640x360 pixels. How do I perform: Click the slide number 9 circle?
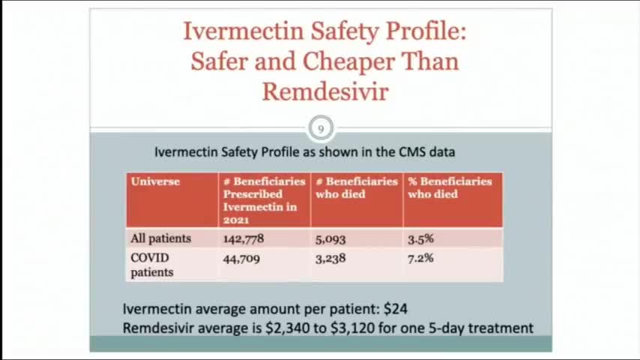pyautogui.click(x=321, y=128)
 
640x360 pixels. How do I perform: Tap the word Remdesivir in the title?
pyautogui.click(x=324, y=91)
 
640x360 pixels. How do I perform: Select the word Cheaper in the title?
pyautogui.click(x=348, y=61)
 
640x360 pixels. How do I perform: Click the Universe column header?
pyautogui.click(x=155, y=181)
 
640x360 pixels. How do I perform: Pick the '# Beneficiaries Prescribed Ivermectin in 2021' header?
pyautogui.click(x=264, y=200)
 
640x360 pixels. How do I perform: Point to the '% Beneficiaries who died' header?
pyautogui.click(x=450, y=187)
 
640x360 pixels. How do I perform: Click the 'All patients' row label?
pyautogui.click(x=160, y=238)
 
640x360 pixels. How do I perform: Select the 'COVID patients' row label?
pyautogui.click(x=151, y=265)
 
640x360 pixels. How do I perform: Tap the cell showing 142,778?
pyautogui.click(x=243, y=238)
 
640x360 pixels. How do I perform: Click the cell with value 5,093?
pyautogui.click(x=330, y=238)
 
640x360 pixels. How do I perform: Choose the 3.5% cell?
pyautogui.click(x=420, y=238)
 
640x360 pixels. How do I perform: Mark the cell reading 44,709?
pyautogui.click(x=241, y=258)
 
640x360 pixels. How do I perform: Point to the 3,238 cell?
pyautogui.click(x=330, y=258)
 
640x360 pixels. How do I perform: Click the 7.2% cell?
pyautogui.click(x=420, y=258)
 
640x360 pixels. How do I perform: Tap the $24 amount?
pyautogui.click(x=395, y=308)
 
